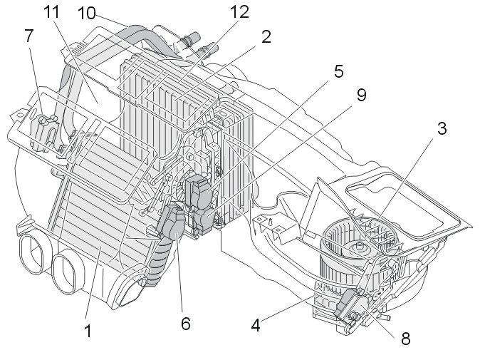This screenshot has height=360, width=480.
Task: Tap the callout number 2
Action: point(266,37)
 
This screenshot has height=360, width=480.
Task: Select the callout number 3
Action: point(442,129)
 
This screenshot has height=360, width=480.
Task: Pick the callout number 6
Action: point(186,323)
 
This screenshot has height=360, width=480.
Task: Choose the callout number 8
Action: point(405,339)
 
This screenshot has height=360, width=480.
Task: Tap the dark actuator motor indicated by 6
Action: point(171,225)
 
